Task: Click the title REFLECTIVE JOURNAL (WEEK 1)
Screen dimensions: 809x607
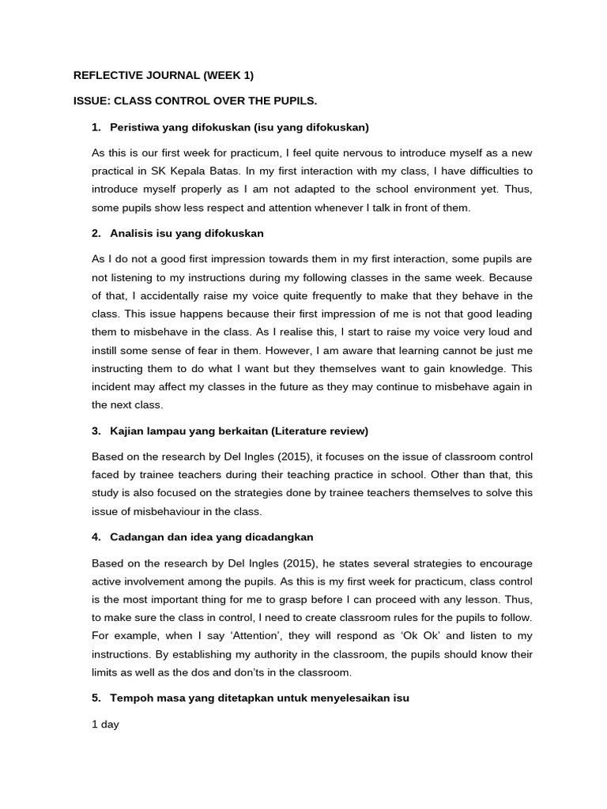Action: (164, 76)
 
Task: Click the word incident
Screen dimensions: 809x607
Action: (113, 386)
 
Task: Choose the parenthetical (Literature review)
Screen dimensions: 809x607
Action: (319, 431)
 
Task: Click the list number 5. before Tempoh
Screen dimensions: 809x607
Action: (96, 698)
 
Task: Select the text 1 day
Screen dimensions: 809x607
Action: (106, 724)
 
